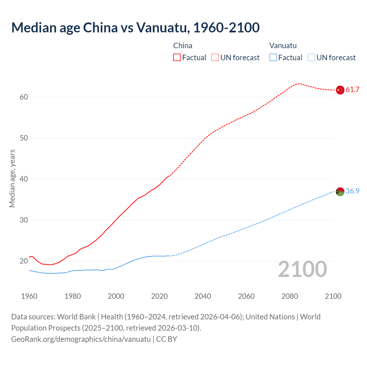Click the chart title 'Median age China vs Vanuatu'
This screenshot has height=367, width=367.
135,28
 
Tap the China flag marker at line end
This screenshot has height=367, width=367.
340,90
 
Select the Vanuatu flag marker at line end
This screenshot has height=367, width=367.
340,192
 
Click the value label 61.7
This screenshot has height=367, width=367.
352,90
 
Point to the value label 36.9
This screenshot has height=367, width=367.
352,191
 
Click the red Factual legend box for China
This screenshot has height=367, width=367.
177,58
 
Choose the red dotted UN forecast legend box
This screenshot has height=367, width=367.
215,58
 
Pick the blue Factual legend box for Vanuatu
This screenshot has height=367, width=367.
273,58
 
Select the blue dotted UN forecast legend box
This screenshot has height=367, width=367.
311,58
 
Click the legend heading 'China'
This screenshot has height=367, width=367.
183,46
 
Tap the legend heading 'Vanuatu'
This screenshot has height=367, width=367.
283,46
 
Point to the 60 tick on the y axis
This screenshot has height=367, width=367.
24,97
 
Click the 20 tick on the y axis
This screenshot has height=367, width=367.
24,261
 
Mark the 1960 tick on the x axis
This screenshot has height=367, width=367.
29,296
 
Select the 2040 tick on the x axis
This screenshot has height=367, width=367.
203,296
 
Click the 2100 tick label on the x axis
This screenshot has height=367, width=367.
333,296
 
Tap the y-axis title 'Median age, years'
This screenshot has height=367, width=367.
12,178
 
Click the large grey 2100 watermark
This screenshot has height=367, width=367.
302,269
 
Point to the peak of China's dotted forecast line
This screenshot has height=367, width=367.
299,84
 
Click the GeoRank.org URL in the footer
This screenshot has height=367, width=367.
81,339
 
